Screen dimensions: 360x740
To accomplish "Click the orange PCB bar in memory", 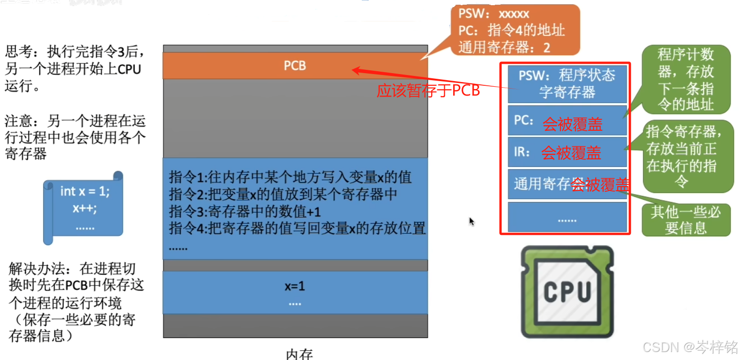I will [295, 66].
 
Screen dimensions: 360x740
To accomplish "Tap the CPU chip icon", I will [567, 292].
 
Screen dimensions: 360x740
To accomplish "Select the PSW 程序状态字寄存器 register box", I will [567, 84].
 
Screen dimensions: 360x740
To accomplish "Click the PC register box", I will [567, 120].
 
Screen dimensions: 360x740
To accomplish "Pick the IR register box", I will [567, 152].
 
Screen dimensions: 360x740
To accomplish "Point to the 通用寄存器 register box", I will [567, 184].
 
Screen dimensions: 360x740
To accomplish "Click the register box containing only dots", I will [567, 217].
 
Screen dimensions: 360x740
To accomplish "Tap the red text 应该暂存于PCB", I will [428, 90].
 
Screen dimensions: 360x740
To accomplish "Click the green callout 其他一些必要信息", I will [686, 220].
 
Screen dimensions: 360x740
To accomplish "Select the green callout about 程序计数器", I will [686, 79].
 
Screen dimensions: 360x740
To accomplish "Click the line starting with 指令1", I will [290, 177].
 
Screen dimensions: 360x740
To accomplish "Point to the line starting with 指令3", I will [245, 211].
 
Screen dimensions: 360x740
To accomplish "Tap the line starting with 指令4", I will [297, 228].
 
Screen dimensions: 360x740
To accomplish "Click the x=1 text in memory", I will [295, 286].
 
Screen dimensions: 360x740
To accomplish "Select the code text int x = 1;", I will [85, 191].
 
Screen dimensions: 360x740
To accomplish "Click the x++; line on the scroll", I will [85, 208].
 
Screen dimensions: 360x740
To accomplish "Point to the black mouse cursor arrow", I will [471, 221].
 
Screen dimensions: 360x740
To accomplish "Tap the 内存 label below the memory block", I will [299, 354].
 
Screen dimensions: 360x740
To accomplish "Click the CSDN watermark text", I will [690, 347].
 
